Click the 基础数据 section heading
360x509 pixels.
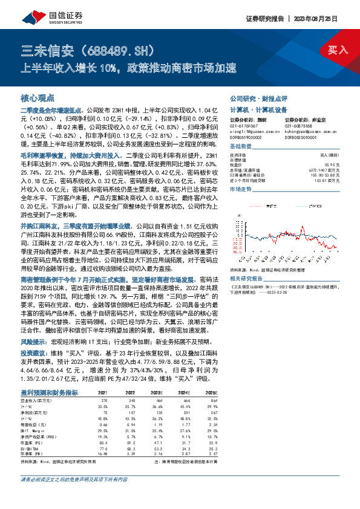point(241,148)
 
